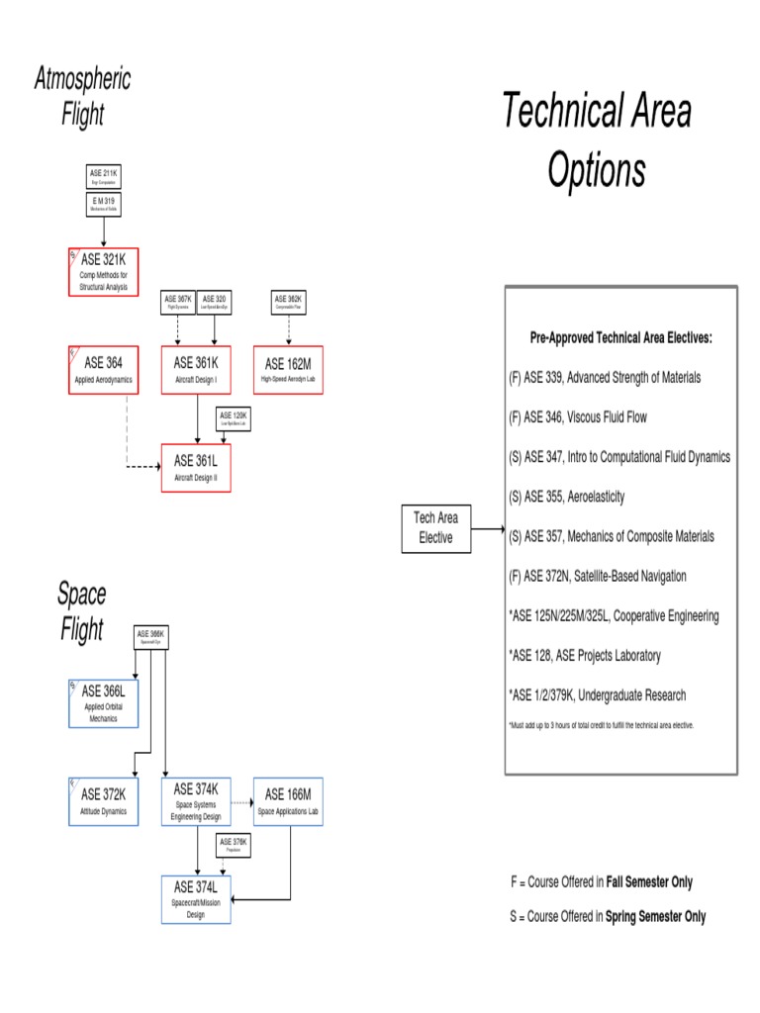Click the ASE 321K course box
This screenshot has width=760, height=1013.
coord(103,271)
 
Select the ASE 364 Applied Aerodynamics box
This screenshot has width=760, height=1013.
coord(103,369)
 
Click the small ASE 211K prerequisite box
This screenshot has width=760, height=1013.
coord(103,177)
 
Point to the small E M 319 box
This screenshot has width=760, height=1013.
coord(103,204)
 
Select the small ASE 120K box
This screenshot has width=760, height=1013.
coord(233,418)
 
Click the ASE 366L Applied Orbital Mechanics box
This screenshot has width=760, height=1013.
coord(103,702)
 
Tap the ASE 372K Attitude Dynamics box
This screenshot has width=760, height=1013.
coord(103,800)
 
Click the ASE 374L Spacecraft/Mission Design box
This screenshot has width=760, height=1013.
coord(196,899)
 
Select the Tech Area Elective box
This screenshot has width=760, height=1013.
coord(435,529)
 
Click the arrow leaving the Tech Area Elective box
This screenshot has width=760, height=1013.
coord(487,529)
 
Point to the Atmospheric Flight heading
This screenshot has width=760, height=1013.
coord(82,97)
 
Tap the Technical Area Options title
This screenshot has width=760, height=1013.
coord(597,140)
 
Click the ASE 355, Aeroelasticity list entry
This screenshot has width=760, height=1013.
coord(567,496)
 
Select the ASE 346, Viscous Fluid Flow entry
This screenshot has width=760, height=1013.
coord(578,417)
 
